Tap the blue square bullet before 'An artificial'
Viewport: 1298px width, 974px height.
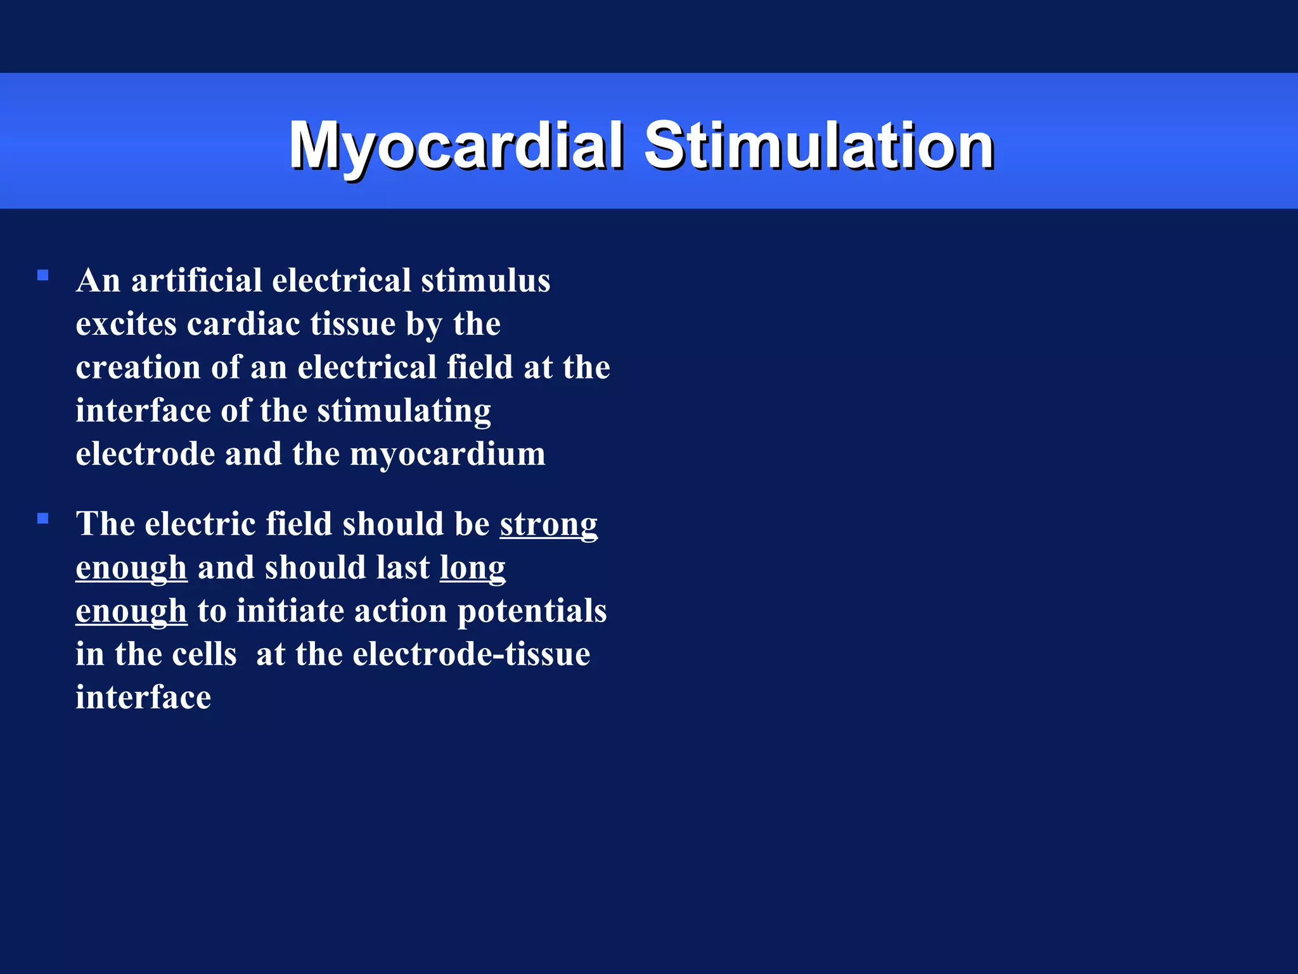coord(43,275)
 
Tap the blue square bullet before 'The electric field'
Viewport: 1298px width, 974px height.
coord(43,519)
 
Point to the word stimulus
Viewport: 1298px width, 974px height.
coord(485,280)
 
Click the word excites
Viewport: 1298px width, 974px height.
coord(126,324)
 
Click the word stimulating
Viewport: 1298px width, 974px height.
coord(404,411)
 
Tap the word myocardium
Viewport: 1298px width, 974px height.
coord(447,455)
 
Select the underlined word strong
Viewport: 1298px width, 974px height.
coord(548,525)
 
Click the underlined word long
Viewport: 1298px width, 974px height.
coord(473,568)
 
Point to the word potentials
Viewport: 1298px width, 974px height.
coord(532,611)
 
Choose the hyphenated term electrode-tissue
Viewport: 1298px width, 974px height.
coord(471,654)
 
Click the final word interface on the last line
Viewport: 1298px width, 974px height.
coord(143,698)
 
